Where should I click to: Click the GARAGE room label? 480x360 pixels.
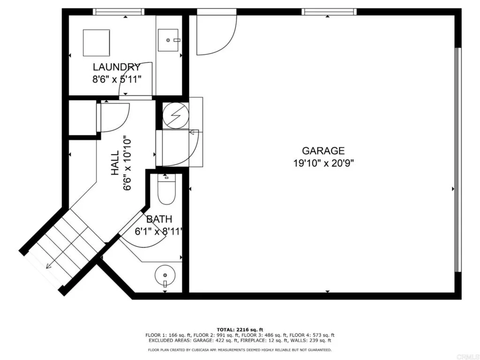[x=323, y=151]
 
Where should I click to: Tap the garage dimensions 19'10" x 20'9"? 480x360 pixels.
[x=323, y=164]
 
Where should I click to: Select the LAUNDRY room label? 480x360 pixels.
[x=117, y=67]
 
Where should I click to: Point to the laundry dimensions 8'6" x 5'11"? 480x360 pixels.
[x=117, y=80]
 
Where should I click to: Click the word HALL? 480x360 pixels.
[x=115, y=163]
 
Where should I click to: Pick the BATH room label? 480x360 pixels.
[x=159, y=219]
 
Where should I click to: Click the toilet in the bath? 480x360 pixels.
[x=166, y=189]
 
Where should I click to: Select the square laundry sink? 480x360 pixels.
[x=168, y=40]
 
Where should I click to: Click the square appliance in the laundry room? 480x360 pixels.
[x=97, y=43]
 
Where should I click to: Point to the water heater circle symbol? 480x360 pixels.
[x=175, y=115]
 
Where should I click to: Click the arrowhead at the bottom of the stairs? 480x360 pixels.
[x=48, y=266]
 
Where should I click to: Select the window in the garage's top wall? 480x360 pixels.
[x=329, y=12]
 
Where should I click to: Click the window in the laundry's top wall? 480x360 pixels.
[x=119, y=12]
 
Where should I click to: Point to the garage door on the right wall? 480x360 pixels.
[x=457, y=159]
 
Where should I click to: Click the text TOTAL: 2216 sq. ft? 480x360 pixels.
[x=240, y=330]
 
